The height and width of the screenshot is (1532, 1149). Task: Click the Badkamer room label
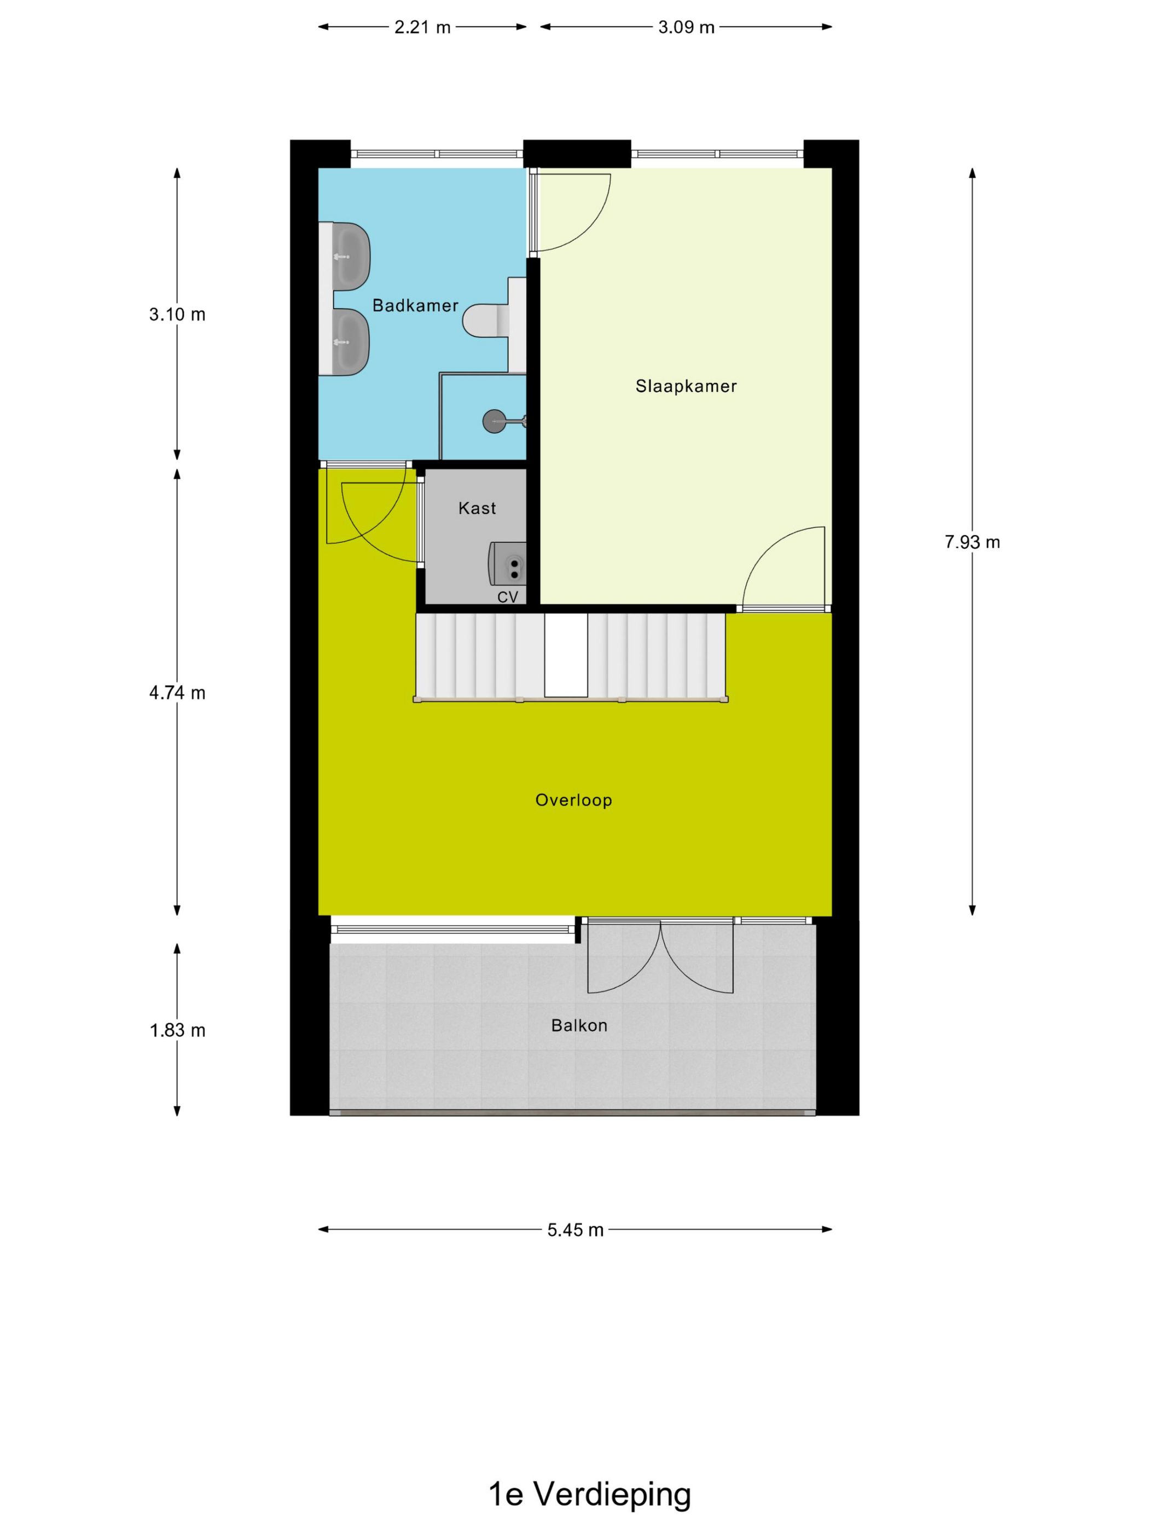[x=415, y=305]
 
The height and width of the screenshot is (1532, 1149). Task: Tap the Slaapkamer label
[x=686, y=386]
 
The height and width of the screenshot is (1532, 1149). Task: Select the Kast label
[x=477, y=508]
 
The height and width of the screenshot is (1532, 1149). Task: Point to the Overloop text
[x=573, y=800]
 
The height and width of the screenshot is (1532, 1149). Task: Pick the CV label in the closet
[x=508, y=597]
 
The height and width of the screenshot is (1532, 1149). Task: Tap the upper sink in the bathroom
[x=351, y=256]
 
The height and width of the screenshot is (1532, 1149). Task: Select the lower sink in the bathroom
[x=351, y=342]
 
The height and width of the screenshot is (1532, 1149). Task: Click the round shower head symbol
[x=494, y=421]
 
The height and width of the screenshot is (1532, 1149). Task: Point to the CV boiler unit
[x=508, y=563]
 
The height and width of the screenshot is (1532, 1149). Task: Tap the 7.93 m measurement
[x=972, y=542]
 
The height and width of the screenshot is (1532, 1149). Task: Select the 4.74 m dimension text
[x=177, y=693]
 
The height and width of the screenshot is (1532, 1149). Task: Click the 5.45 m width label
[x=575, y=1230]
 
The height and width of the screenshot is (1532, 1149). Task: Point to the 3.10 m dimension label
[x=177, y=315]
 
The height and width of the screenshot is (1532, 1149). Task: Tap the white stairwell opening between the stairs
[x=566, y=654]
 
